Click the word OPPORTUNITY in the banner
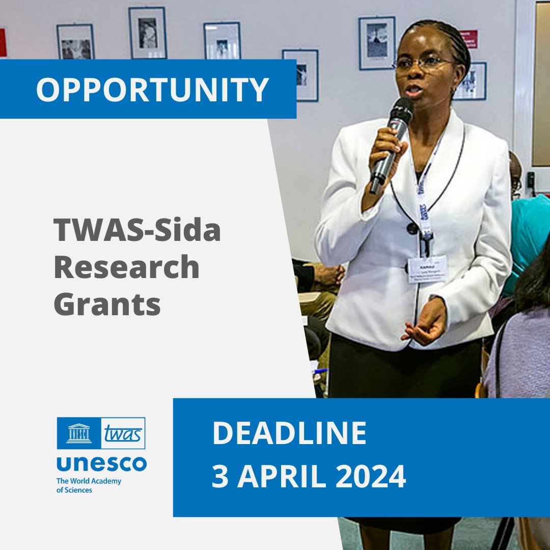(x=152, y=90)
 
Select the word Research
(x=126, y=267)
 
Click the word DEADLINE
(x=289, y=433)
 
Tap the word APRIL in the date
(x=281, y=477)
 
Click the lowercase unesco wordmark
(x=101, y=463)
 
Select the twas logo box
(x=123, y=433)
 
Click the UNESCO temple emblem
(x=78, y=433)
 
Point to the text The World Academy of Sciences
(x=89, y=485)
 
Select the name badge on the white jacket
(x=427, y=268)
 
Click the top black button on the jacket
(x=413, y=228)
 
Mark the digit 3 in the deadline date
(x=220, y=477)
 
